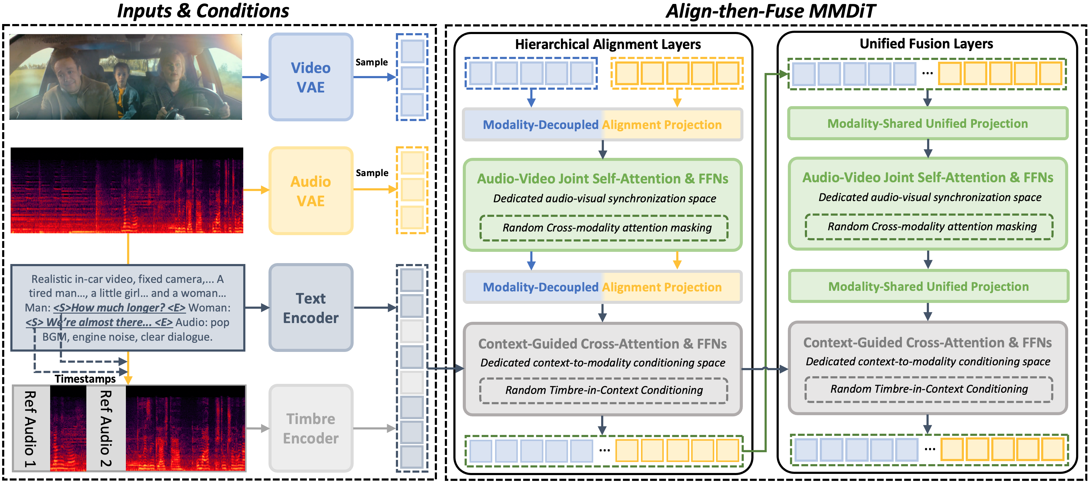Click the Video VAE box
[x=311, y=77]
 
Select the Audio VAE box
[x=311, y=191]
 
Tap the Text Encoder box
[x=311, y=308]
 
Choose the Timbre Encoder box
[x=311, y=428]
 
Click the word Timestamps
[x=85, y=379]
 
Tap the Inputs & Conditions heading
[x=203, y=11]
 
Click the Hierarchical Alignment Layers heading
[x=608, y=44]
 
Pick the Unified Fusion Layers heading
[x=926, y=43]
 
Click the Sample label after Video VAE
[x=372, y=62]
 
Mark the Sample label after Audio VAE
[x=372, y=173]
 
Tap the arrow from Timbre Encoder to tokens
[x=374, y=428]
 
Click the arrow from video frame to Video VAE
[x=255, y=77]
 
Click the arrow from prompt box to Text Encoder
[x=257, y=308]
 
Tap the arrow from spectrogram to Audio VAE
[x=256, y=190]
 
